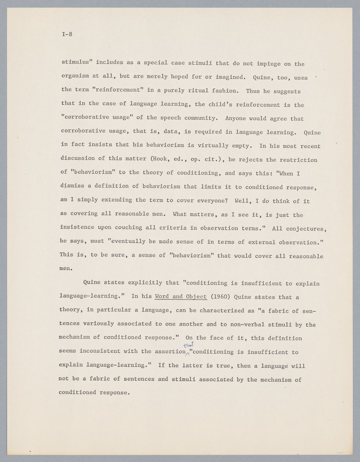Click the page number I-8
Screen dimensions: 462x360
point(67,35)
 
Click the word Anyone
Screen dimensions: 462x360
point(235,118)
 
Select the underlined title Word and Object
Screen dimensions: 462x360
point(181,297)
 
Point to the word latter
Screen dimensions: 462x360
point(192,365)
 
